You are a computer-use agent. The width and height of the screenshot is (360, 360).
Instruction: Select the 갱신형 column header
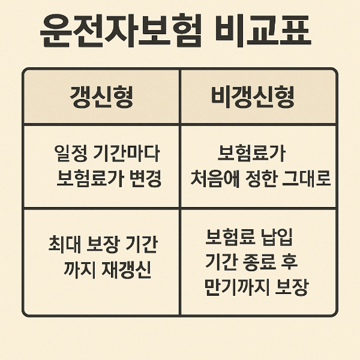[101, 97]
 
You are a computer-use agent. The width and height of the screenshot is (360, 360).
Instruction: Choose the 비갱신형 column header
[253, 97]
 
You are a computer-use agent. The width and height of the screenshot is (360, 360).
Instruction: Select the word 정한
[261, 179]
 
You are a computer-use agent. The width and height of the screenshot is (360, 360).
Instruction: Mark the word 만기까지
[236, 287]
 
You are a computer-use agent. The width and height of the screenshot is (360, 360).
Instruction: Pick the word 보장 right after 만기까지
[291, 287]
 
